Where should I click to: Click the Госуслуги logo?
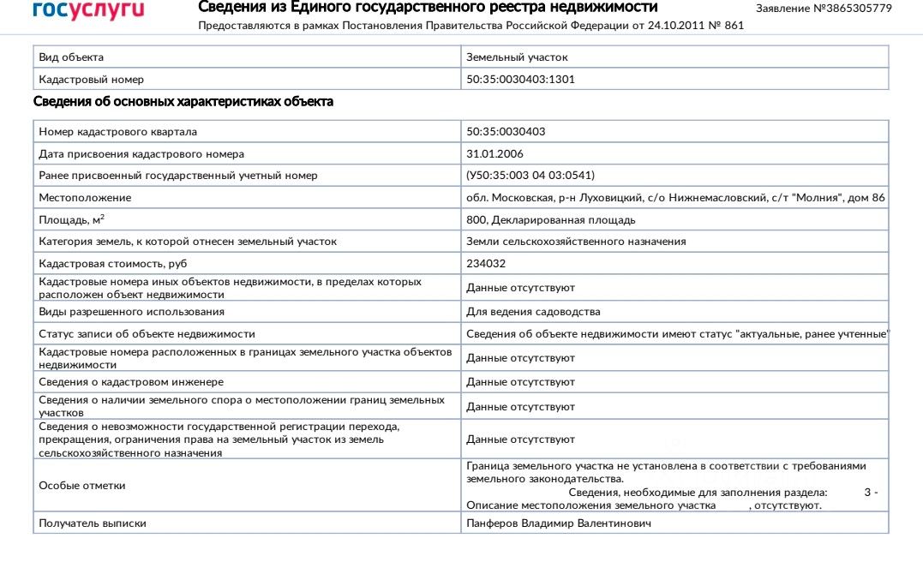pyautogui.click(x=88, y=10)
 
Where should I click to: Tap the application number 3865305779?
pyautogui.click(x=852, y=8)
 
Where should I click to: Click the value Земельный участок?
pyautogui.click(x=517, y=57)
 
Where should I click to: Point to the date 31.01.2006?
pyautogui.click(x=494, y=154)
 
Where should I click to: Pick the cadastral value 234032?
pyautogui.click(x=486, y=264)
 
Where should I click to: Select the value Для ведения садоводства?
pyautogui.click(x=533, y=312)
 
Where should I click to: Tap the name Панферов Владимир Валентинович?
pyautogui.click(x=559, y=523)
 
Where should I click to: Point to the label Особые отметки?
pyautogui.click(x=82, y=486)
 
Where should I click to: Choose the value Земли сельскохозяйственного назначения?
pyautogui.click(x=576, y=242)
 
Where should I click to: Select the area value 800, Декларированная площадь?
pyautogui.click(x=550, y=220)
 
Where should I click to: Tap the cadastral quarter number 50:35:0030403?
pyautogui.click(x=506, y=132)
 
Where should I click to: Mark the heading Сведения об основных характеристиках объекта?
pyautogui.click(x=183, y=102)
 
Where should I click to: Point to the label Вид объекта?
pyautogui.click(x=71, y=57)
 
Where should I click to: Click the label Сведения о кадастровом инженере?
pyautogui.click(x=131, y=382)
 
